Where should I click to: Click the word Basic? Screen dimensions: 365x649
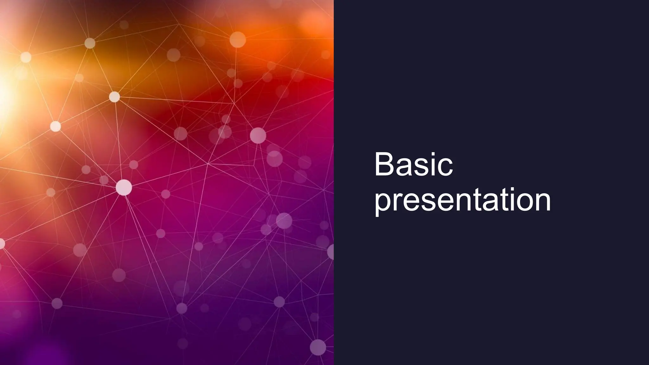413,165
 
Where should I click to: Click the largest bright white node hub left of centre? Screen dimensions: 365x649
124,187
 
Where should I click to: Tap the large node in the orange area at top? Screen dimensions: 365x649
237,40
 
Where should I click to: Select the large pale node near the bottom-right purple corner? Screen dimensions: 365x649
318,347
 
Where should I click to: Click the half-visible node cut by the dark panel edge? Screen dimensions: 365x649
331,252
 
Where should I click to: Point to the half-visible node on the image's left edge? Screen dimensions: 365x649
2,244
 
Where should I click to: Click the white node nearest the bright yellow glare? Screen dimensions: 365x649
26,57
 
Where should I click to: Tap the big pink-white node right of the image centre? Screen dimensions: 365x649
258,136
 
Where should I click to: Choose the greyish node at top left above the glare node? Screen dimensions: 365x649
90,43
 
